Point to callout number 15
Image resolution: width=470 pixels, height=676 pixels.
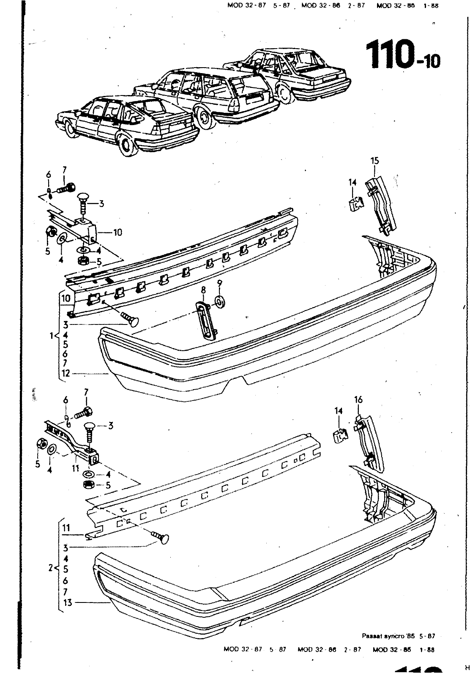374,161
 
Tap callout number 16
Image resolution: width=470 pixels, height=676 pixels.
358,400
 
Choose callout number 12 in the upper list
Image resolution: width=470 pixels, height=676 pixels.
66,373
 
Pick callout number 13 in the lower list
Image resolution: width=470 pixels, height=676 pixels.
68,603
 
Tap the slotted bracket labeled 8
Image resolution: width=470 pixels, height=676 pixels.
207,319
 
